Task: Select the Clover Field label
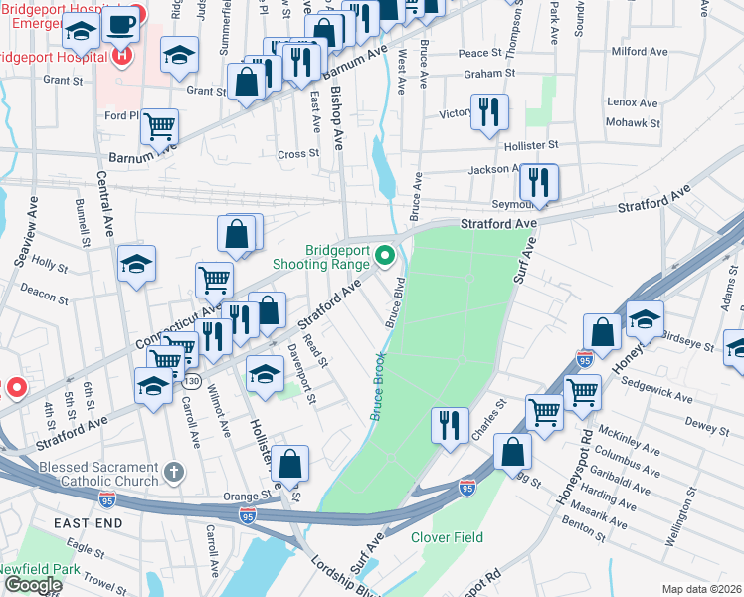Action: (x=447, y=537)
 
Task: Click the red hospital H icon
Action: (x=122, y=55)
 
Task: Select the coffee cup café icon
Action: (x=120, y=24)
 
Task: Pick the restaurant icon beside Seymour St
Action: (x=539, y=183)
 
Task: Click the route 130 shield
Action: (x=190, y=382)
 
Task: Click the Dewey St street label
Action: (x=706, y=426)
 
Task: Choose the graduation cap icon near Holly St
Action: (x=137, y=264)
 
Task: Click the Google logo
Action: (x=32, y=584)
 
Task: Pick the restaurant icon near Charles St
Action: (x=450, y=425)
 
